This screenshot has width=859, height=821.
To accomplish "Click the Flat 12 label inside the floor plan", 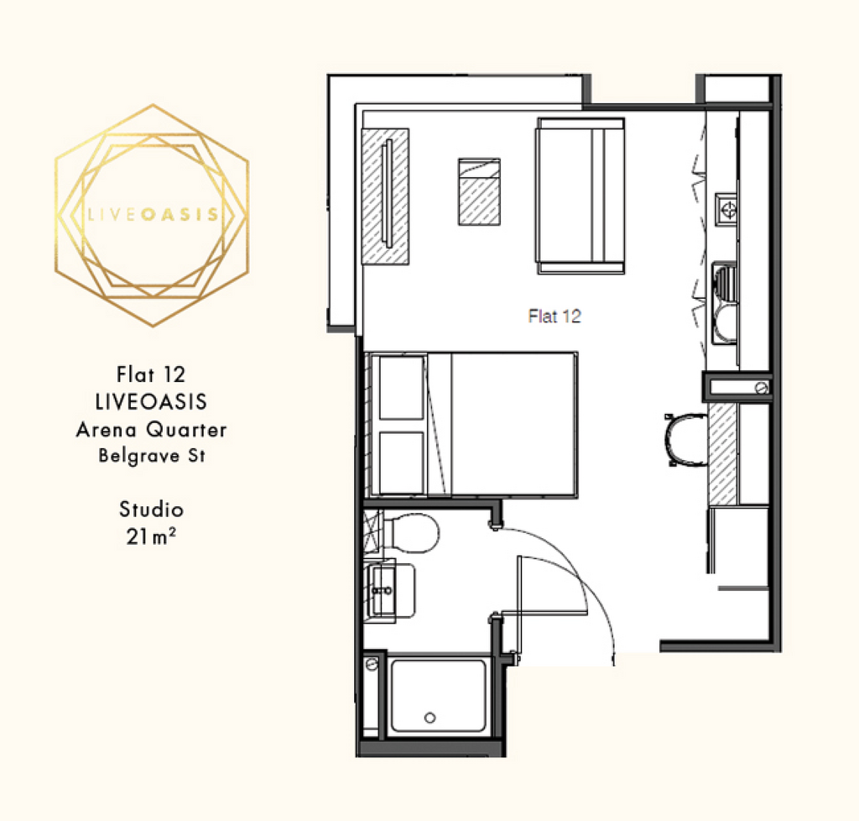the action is tap(554, 316).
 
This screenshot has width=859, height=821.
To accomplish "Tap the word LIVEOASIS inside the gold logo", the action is tap(153, 214).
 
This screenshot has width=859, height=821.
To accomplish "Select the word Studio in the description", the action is tap(151, 510).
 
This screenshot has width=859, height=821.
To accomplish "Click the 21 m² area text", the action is tap(151, 536).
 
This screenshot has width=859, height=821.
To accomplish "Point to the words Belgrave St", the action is tap(152, 456).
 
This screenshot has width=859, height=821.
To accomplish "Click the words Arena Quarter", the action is tap(151, 430).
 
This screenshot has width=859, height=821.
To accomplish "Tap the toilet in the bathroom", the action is tap(409, 533).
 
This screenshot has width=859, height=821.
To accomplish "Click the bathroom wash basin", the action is tap(390, 591).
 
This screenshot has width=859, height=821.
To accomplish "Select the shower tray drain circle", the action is tap(430, 718).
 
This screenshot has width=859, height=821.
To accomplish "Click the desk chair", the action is tap(686, 440).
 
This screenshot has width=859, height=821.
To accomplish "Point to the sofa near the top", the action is tap(580, 196).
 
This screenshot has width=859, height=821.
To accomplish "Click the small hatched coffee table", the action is tap(479, 192).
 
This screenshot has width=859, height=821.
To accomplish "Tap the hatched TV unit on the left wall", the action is tap(385, 196).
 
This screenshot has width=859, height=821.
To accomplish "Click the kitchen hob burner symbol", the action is tap(728, 209).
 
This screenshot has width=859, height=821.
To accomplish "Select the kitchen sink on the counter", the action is tap(725, 302).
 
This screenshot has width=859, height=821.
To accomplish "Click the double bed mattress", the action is tap(502, 425).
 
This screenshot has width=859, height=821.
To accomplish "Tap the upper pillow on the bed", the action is tap(402, 388).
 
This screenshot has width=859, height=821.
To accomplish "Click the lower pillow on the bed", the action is tap(402, 463).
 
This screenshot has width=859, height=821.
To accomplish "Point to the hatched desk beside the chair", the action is tap(722, 454).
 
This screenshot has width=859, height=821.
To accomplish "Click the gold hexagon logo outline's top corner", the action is tap(153, 104).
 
